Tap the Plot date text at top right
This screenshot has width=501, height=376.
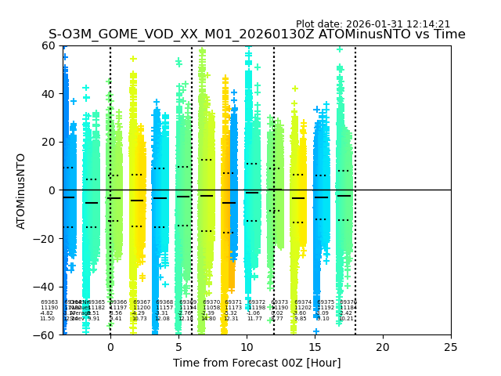click(373, 24)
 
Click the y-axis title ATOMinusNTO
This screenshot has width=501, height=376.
click(21, 190)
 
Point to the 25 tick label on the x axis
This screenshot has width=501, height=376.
click(451, 347)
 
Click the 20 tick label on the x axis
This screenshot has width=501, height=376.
click(383, 347)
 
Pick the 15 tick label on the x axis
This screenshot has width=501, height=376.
click(315, 347)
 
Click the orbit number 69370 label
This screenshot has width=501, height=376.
click(211, 302)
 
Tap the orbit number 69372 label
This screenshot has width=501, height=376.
click(257, 302)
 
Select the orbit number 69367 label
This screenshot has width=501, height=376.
click(142, 302)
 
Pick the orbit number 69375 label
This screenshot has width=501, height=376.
click(326, 302)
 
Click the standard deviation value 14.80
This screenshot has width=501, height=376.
click(208, 319)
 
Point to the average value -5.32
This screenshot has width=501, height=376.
click(231, 313)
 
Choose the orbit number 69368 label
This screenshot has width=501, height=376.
click(164, 302)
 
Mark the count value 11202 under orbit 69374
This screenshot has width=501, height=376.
click(303, 308)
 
